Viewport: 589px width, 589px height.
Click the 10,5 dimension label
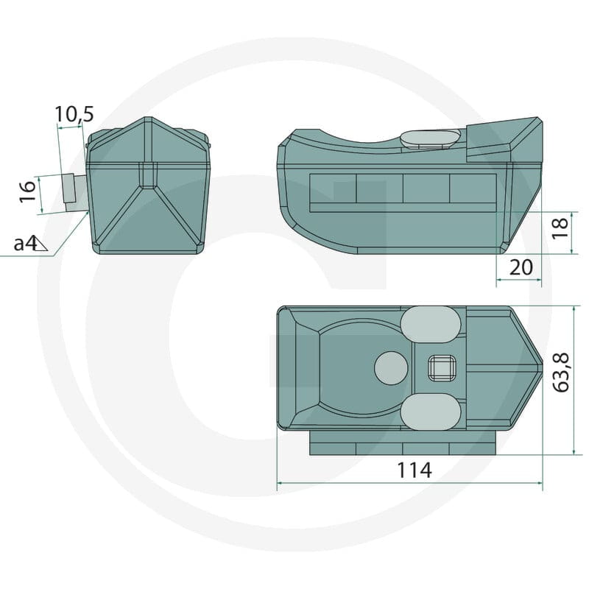74,114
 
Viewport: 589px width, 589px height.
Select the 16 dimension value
27,191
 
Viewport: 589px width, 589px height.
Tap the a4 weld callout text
26,244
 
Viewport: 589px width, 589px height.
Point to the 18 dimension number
560,228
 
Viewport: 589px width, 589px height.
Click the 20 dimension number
521,267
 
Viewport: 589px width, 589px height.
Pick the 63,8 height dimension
562,373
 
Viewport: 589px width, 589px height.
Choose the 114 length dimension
415,470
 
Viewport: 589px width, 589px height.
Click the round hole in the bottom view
392,368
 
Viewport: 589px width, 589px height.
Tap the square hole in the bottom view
442,367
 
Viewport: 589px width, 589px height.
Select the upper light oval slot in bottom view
431,325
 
